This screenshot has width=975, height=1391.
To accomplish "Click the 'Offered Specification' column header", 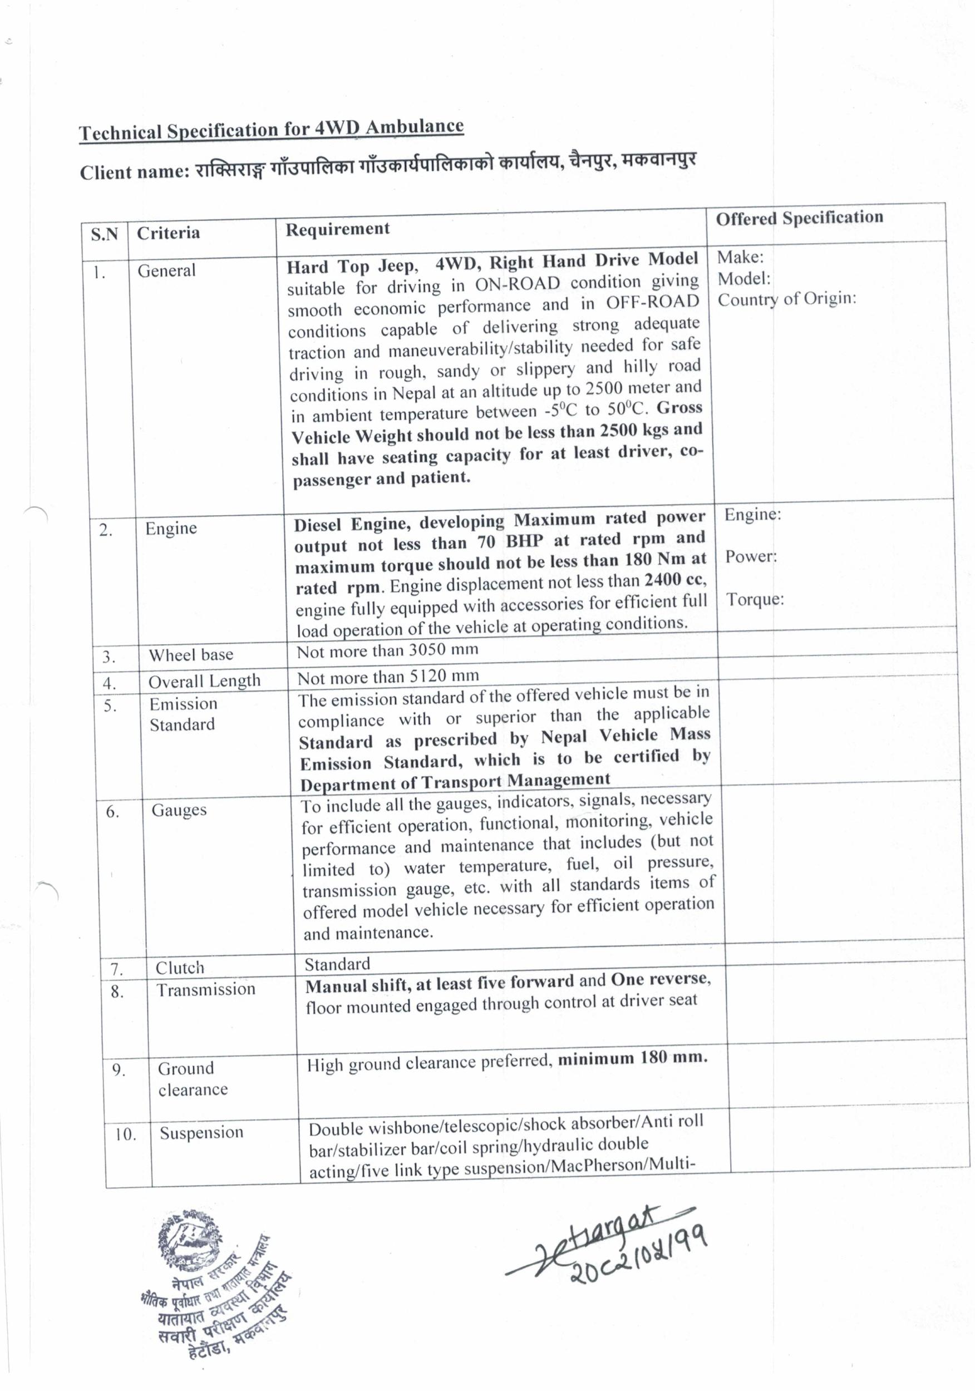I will [x=799, y=218].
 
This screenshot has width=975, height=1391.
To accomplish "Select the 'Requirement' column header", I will [x=338, y=229].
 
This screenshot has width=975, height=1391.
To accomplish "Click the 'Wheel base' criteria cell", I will [x=191, y=654].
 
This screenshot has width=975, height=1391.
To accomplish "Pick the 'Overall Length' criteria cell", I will [x=204, y=681].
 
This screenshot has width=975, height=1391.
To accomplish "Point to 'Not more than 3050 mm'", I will [x=387, y=650].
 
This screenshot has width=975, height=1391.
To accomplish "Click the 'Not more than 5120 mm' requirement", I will [x=388, y=676].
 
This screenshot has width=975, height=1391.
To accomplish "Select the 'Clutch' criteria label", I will [x=179, y=968].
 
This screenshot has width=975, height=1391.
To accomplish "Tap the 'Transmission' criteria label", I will [x=206, y=989].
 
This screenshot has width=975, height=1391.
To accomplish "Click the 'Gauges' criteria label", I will [x=179, y=810].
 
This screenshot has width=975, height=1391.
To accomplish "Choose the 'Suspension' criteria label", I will [x=201, y=1132].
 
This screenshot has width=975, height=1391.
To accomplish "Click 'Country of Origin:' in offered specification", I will [x=786, y=299].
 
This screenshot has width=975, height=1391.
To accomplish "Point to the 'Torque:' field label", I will [x=755, y=599].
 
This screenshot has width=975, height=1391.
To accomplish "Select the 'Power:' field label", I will [x=751, y=556].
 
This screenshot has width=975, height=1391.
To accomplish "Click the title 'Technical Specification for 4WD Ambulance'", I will [x=271, y=130].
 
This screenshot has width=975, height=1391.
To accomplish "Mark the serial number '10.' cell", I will [x=125, y=1134].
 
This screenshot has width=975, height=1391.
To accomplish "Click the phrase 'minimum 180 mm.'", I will [x=632, y=1058].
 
